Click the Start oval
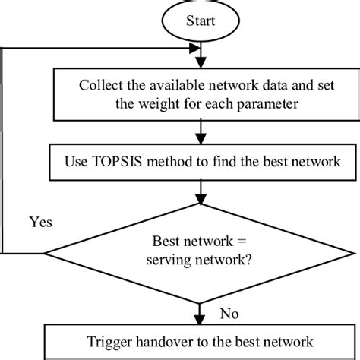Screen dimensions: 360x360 (200, 21)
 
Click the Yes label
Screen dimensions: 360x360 (41, 223)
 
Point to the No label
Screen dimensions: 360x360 (229, 312)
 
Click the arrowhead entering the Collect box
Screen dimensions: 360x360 (200, 64)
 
